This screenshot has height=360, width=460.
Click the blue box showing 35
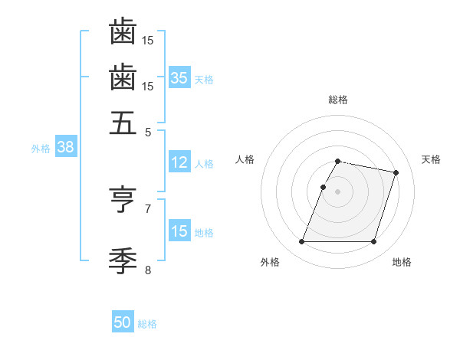179,77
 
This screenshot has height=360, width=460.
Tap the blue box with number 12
179,162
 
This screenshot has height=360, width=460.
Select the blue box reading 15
179,231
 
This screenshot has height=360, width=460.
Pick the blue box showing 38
65,148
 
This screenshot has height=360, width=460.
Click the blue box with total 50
123,322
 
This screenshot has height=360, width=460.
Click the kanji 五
123,123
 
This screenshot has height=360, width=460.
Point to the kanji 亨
123,200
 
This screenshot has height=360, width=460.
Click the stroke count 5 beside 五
149,132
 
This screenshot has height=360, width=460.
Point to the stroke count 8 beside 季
149,270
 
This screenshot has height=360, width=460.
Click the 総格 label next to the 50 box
148,324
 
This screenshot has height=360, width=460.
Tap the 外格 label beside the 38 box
41,149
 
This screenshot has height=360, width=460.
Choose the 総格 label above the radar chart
338,100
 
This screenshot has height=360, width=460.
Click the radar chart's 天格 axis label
431,159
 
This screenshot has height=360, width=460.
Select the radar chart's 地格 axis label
402,262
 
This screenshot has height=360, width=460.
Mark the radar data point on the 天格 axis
396,173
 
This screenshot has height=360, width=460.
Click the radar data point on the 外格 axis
302,242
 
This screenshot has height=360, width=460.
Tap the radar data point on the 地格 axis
373,242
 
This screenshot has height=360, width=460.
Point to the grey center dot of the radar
338,191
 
